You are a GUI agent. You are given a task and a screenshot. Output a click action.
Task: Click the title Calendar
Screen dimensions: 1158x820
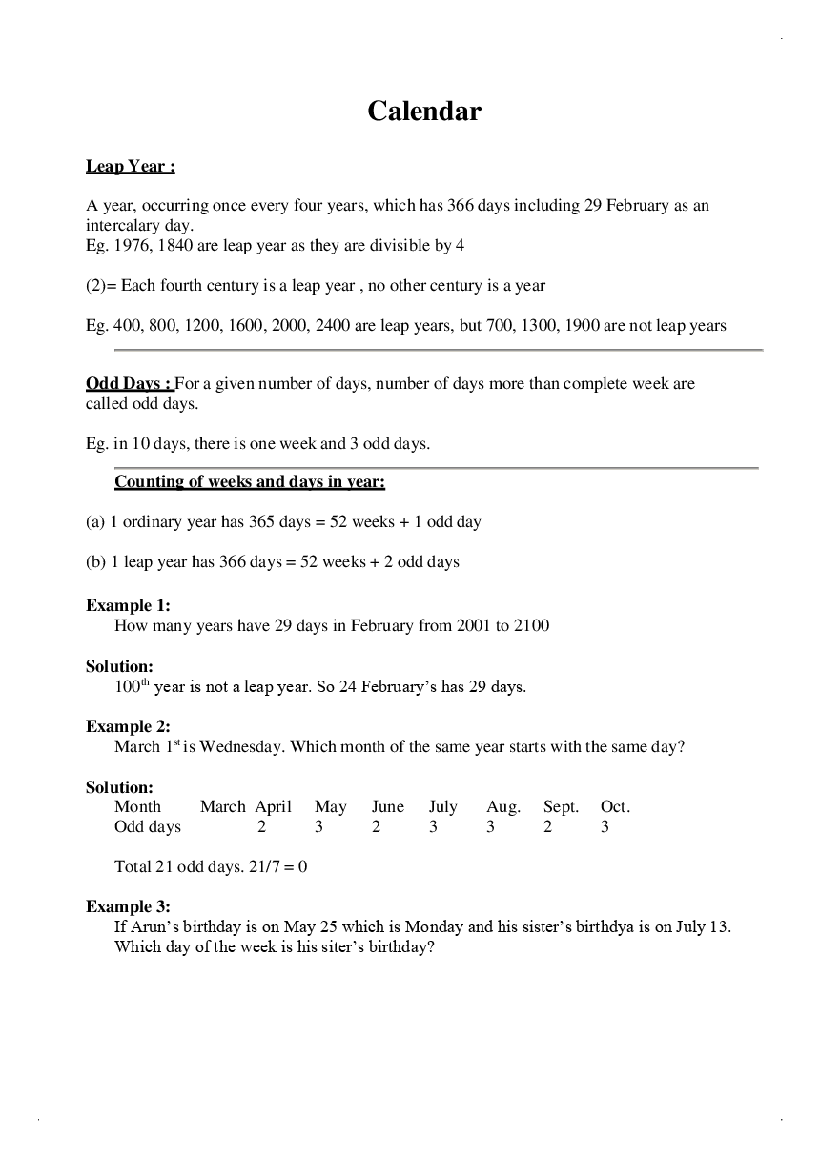(424, 112)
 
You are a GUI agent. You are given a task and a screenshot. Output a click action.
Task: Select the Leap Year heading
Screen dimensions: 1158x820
(130, 166)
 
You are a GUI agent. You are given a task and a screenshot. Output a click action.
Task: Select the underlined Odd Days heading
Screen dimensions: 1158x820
(129, 383)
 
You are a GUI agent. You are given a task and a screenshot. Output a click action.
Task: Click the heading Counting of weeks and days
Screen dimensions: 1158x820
(249, 481)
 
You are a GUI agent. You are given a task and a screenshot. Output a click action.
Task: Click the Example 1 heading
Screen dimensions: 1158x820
(119, 605)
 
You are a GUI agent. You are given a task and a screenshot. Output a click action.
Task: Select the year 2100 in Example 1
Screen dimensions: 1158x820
(531, 626)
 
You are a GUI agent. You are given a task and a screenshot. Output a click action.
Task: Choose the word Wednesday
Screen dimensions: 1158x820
(240, 746)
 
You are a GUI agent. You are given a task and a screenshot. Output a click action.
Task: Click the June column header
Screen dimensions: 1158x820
(388, 806)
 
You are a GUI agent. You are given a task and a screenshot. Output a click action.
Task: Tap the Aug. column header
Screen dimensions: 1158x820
(503, 806)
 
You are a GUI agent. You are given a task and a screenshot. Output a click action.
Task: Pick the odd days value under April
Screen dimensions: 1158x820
(262, 826)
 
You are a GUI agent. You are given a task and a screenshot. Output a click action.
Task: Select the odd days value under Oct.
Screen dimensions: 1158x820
(605, 826)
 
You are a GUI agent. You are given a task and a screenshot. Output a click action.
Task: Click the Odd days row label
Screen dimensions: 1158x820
(148, 826)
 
